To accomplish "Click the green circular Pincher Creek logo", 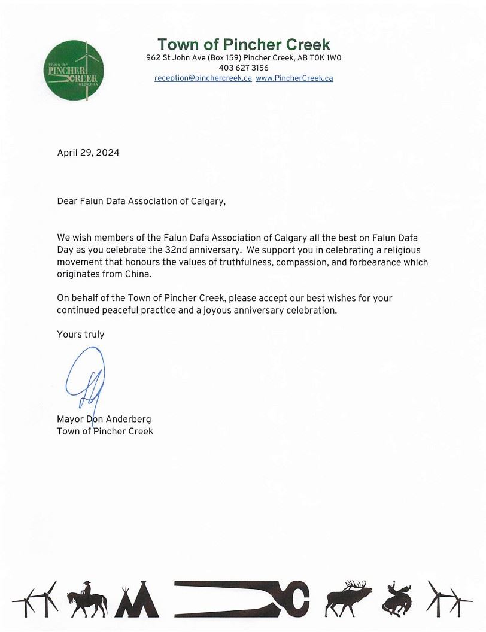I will tap(74, 71).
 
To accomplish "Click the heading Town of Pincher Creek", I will tap(244, 44).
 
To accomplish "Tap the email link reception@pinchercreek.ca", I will tap(203, 78).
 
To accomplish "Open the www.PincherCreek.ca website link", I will tap(294, 78).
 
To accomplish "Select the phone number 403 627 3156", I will tap(244, 68).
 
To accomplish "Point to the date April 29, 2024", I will tap(88, 153).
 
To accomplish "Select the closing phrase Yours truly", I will tap(80, 335).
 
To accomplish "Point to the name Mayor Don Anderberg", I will tap(104, 420).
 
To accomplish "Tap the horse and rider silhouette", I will tap(86, 598).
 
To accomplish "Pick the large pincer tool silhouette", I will tap(242, 598).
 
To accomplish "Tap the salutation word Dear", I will tap(67, 202).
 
